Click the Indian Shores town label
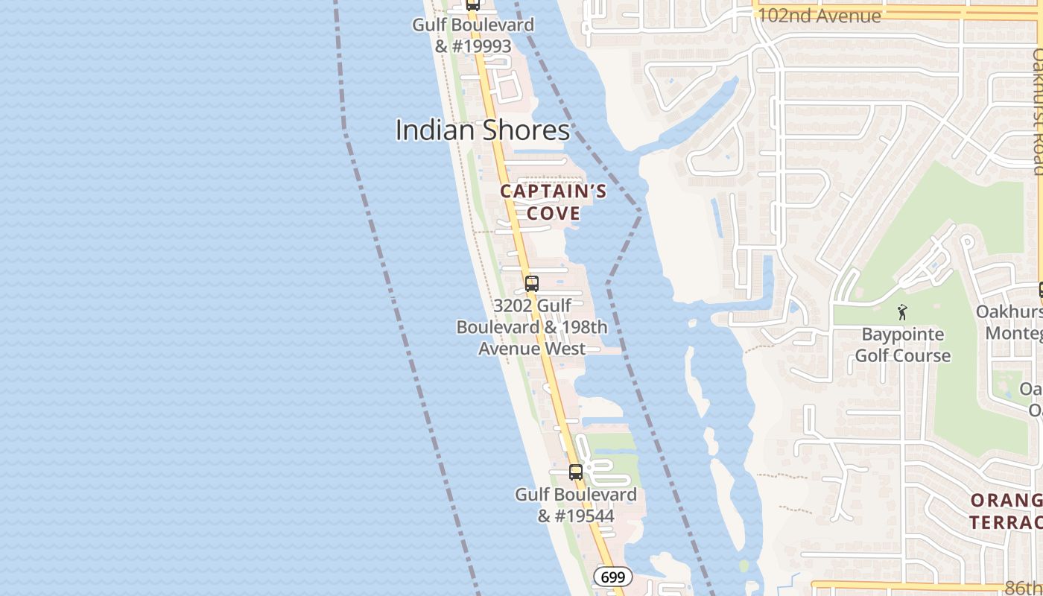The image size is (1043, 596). coord(482,130)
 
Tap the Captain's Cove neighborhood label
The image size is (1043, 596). coord(553,202)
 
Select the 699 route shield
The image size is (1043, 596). coord(613,577)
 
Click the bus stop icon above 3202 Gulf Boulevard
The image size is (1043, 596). coord(531,283)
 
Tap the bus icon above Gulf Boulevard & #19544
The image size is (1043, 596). coord(575,472)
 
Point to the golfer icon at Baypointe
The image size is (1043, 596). coord(902,312)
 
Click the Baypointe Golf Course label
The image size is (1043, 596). coord(902,345)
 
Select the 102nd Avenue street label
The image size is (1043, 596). coord(819,16)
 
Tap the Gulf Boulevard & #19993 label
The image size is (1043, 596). coord(473,35)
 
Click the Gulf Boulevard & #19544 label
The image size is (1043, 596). coord(576,504)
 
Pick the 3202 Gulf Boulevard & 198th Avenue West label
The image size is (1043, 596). coord(532,327)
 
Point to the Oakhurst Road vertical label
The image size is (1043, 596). coord(1036,112)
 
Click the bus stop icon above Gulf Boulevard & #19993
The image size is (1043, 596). coord(472,4)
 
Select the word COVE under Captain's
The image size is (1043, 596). coord(554,213)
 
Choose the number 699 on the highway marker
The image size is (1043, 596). coord(613,577)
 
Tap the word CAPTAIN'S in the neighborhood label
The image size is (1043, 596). coord(553,191)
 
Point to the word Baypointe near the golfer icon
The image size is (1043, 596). coord(902,335)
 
